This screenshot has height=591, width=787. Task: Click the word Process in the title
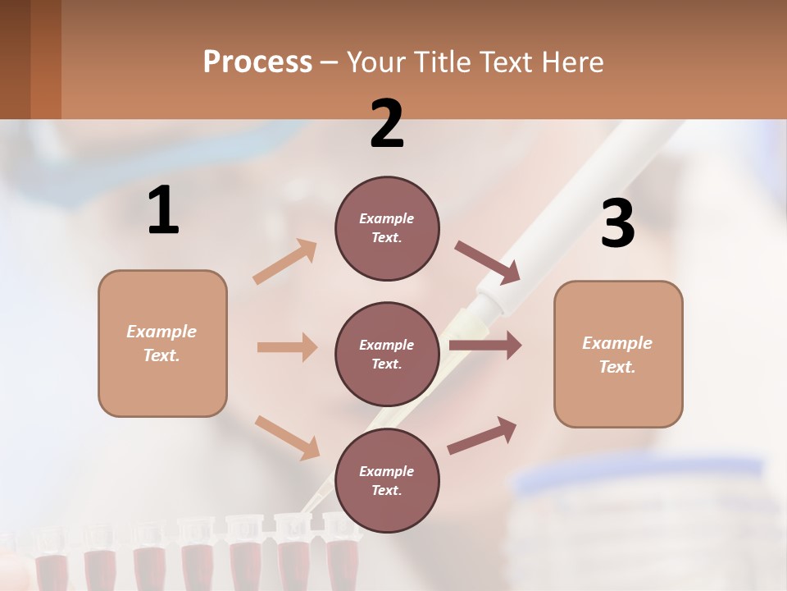[x=257, y=62]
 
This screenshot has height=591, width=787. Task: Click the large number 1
[x=163, y=211]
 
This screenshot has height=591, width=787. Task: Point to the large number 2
[x=387, y=124]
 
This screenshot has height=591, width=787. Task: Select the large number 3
[x=618, y=224]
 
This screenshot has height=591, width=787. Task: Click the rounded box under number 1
[x=162, y=343]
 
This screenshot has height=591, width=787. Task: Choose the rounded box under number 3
[x=618, y=354]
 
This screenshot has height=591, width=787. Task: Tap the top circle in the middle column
[x=387, y=228]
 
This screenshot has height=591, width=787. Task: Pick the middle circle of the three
[x=387, y=354]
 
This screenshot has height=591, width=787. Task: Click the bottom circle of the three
[x=387, y=480]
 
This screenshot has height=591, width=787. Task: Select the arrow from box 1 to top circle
[x=284, y=261]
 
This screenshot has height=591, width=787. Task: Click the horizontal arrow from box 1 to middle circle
[x=286, y=347]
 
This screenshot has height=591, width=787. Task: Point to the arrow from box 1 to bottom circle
[x=286, y=437]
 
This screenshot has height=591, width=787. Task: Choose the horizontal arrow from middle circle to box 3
[x=484, y=346]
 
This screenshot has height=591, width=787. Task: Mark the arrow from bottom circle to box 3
[x=482, y=436]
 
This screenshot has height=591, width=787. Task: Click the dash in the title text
[x=330, y=63]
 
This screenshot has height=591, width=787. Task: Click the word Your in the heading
[x=375, y=62]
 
